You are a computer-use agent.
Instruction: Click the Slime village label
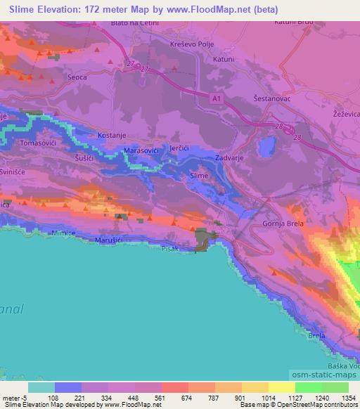click(x=199, y=177)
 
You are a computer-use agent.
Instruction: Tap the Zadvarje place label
click(x=229, y=159)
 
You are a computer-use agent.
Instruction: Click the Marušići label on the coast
click(x=109, y=240)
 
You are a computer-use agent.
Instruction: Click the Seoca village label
click(x=76, y=77)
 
